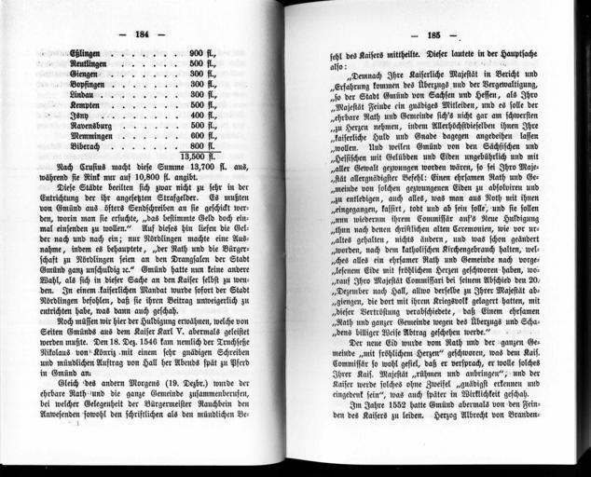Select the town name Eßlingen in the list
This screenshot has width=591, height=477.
(x=87, y=54)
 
